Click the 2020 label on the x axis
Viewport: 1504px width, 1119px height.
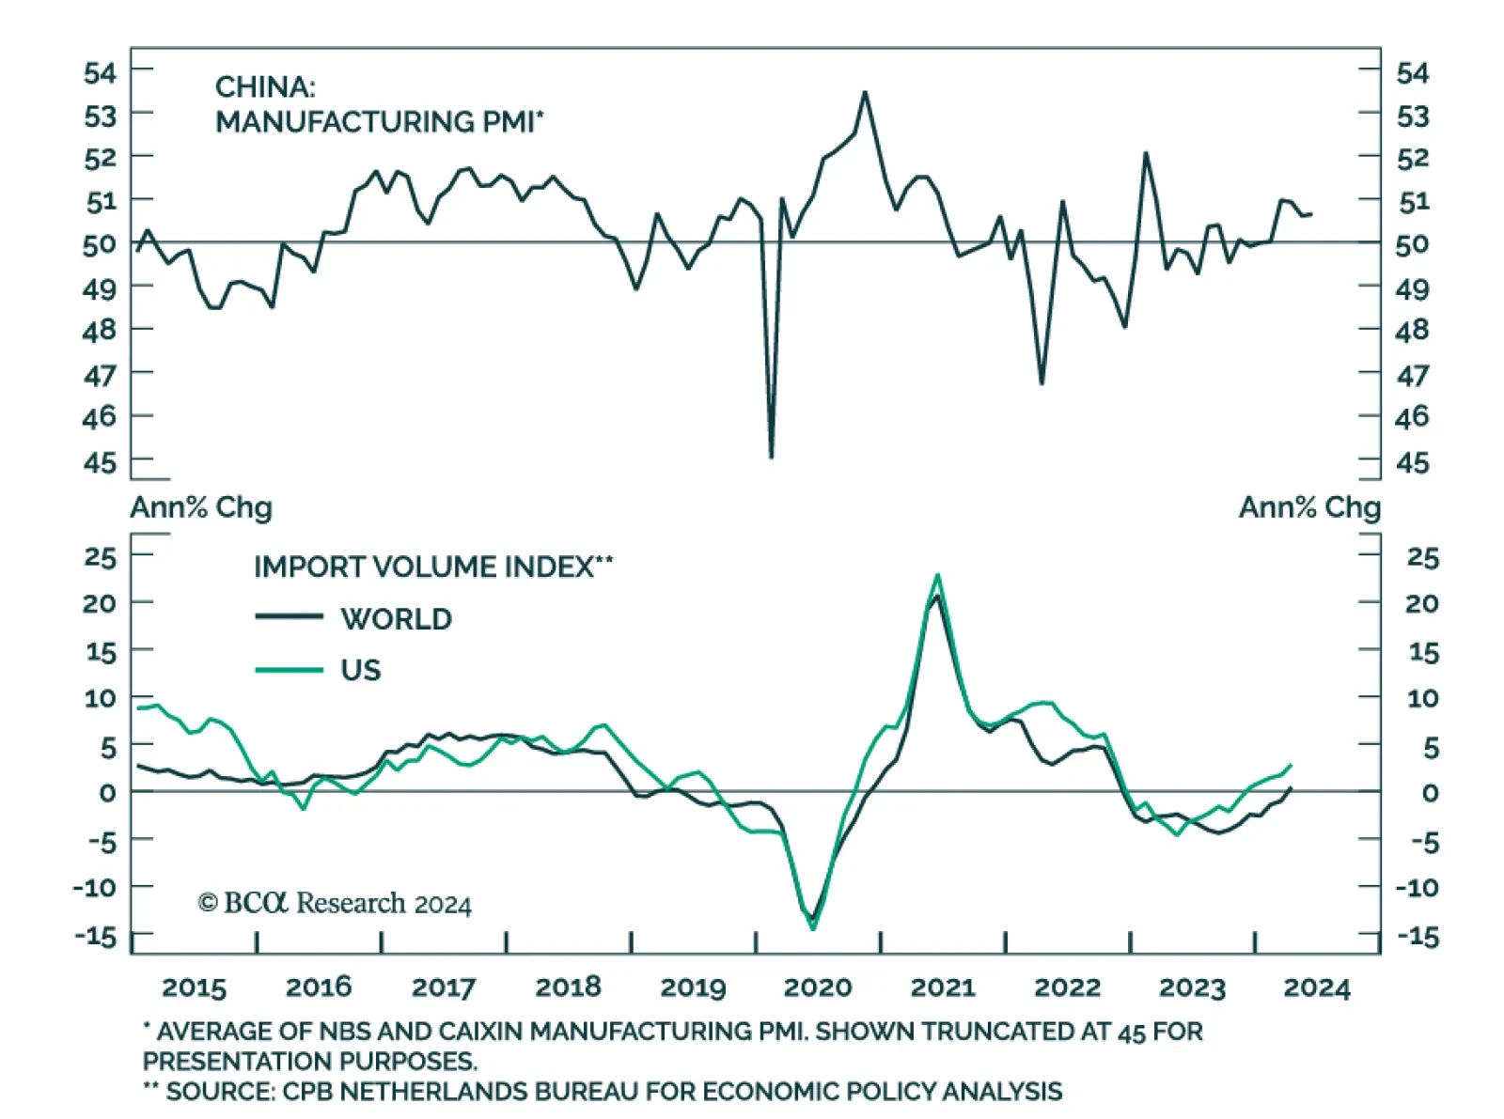point(817,987)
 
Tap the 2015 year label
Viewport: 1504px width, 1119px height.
point(194,987)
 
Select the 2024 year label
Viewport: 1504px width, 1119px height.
point(1316,987)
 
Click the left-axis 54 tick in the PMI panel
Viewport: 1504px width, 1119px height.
point(100,73)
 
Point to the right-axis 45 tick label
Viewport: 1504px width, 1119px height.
point(1412,462)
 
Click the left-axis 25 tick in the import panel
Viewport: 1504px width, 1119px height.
point(100,557)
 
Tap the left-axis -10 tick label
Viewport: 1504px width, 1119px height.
point(96,888)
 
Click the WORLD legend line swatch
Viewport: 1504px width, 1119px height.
point(290,617)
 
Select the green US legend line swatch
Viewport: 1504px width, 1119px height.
point(290,670)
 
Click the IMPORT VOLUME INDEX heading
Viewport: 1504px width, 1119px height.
point(432,567)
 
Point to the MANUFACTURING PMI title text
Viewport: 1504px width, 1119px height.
point(379,122)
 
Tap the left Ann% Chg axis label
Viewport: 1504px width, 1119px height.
point(201,507)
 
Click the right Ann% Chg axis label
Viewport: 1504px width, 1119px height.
point(1309,507)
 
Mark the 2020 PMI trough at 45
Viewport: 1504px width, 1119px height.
point(771,457)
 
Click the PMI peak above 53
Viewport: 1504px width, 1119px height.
point(865,92)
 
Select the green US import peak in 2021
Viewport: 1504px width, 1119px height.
point(937,575)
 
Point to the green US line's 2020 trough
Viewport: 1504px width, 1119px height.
point(813,928)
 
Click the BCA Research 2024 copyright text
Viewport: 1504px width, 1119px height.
point(335,904)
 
